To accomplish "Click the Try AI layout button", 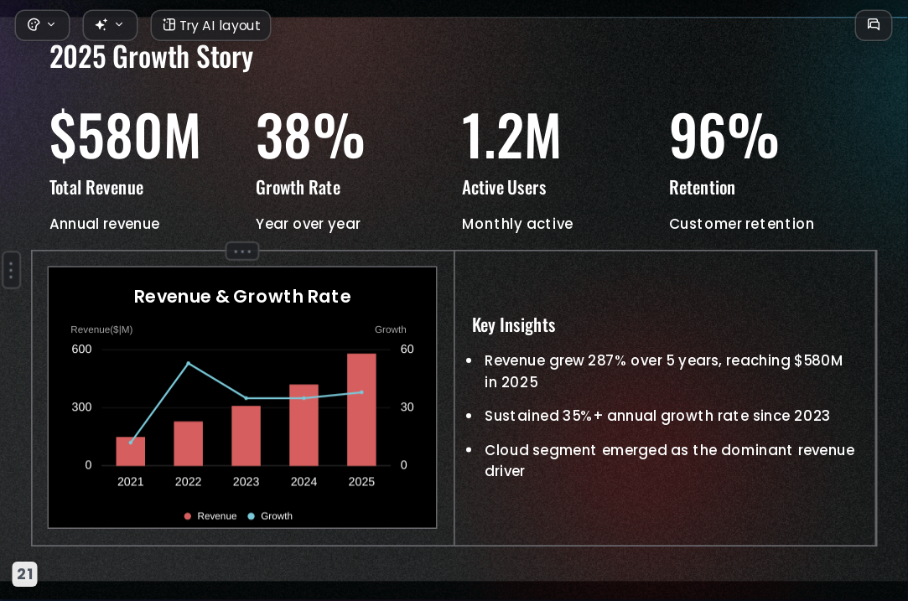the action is coord(210,25).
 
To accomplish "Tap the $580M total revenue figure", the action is coord(125,136).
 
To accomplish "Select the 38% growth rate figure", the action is coord(310,136).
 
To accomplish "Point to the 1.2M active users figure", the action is coord(511,136).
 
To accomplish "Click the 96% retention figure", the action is coord(724,136).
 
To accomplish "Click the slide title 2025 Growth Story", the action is coord(151,57).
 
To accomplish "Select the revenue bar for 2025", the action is coord(361,409).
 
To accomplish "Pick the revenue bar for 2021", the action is coord(130,451).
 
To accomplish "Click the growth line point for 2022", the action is coord(188,363).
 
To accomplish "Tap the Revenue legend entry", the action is coord(210,516).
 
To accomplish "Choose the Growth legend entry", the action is coord(271,516).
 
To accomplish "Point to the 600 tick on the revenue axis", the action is coord(81,350).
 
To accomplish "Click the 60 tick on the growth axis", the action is coord(407,350).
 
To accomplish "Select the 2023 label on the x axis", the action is coord(246,482).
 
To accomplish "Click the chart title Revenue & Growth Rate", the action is coord(242,297).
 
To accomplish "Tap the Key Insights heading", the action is coord(514,325).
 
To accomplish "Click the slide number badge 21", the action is coord(25,574).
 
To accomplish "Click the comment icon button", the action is coord(874,25).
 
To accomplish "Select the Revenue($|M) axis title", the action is coord(101,329).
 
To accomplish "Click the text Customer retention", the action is coord(741,224).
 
